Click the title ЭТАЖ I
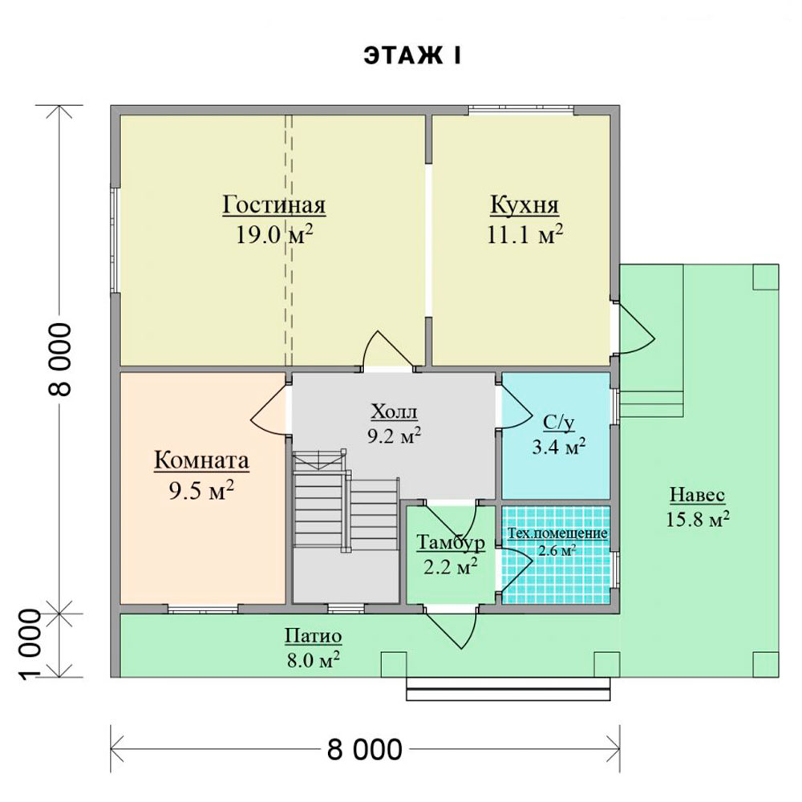coord(412,56)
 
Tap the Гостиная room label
coord(274,205)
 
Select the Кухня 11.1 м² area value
coord(525,235)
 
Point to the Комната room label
coord(201,460)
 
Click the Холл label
coord(394,411)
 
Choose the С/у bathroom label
coord(558,423)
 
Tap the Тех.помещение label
coord(557,533)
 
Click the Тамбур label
coord(451,542)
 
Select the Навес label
coord(697,495)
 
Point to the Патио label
coord(313,637)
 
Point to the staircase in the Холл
coord(346,500)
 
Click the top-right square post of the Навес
coord(766,277)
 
